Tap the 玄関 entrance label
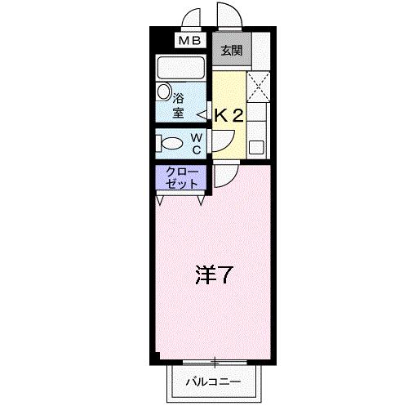(x=232, y=51)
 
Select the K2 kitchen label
(x=229, y=116)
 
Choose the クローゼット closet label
(x=180, y=177)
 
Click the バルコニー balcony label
(x=212, y=381)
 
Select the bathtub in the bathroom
(x=182, y=67)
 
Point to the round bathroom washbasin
(x=165, y=93)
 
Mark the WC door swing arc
(x=218, y=143)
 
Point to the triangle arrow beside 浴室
(x=201, y=115)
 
